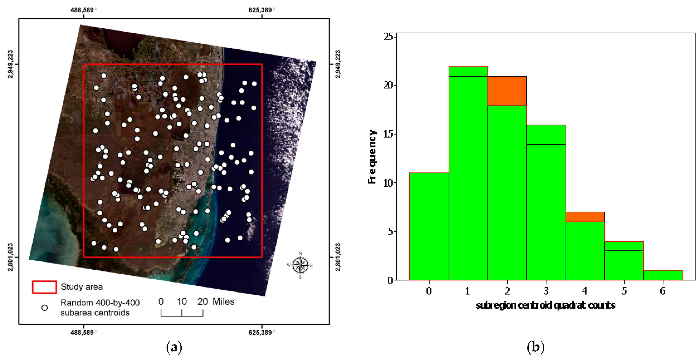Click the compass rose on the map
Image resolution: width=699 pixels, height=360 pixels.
300,265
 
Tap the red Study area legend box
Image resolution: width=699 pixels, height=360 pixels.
45,287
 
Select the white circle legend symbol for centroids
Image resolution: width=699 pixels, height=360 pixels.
45,308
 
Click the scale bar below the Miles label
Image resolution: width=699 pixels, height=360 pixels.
182,313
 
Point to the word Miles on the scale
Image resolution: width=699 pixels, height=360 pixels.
223,301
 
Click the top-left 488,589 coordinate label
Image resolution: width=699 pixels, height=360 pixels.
82,10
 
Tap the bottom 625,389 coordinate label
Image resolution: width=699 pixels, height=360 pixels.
260,332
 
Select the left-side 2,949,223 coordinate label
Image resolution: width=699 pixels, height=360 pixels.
10,64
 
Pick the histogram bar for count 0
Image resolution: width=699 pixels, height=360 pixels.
429,226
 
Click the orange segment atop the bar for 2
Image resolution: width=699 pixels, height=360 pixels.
507,91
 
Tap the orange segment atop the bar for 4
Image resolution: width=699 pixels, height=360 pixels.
585,217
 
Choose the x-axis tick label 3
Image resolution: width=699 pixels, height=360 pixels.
546,291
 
